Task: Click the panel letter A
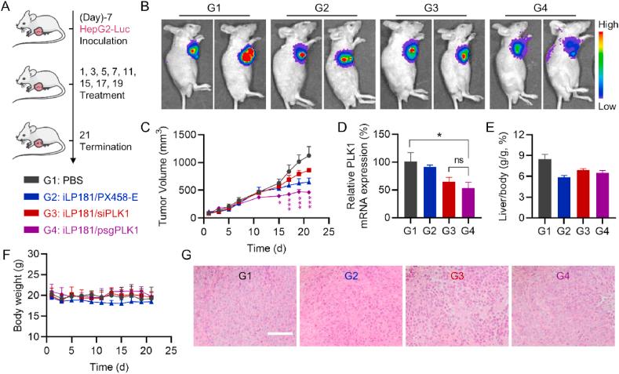pos(6,9)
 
